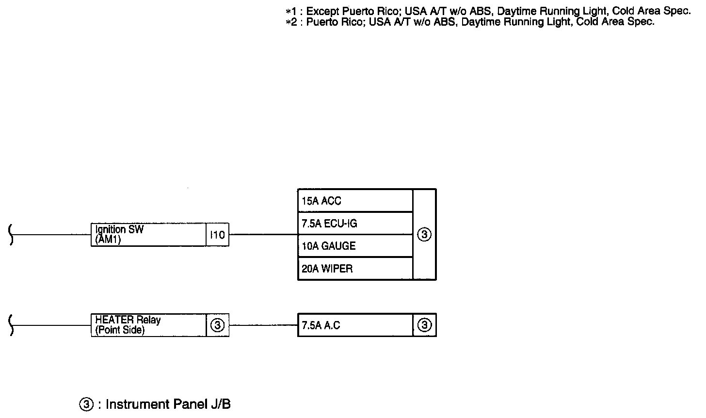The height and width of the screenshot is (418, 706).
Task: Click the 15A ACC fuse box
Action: (355, 200)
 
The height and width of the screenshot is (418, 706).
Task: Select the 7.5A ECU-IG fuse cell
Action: (355, 223)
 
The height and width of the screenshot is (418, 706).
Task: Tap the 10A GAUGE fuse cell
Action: (355, 246)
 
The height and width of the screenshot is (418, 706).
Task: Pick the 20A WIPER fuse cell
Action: (355, 269)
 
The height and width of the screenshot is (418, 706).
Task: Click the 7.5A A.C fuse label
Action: (321, 325)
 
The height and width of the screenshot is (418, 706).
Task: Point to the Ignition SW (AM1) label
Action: (119, 235)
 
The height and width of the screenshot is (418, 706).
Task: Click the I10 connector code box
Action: (217, 235)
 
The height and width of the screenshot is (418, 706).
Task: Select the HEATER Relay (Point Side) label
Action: (128, 325)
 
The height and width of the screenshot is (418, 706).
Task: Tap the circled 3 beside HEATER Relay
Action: (217, 325)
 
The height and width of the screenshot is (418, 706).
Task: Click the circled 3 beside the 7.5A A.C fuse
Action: (424, 325)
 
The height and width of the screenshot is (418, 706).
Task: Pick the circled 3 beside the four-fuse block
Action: (424, 235)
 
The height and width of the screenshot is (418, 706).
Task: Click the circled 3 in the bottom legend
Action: (86, 404)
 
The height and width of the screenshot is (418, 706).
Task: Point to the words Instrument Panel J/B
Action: (168, 404)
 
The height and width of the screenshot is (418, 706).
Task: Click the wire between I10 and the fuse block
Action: (263, 235)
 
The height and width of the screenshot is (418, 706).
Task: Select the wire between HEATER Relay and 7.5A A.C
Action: (263, 325)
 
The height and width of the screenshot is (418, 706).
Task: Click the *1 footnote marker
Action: (291, 12)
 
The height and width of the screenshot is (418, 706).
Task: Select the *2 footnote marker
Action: (291, 22)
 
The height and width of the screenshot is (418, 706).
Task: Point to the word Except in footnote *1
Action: (322, 11)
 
